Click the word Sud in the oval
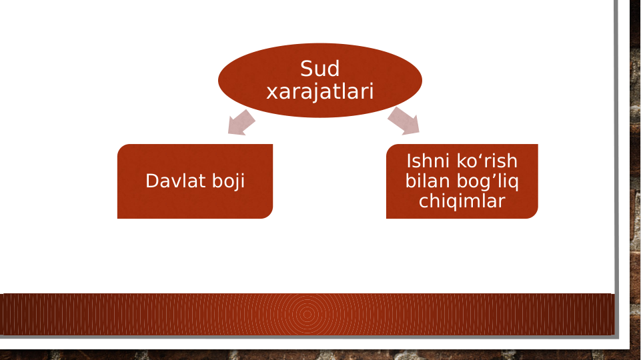tap(319, 69)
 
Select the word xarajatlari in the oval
tap(319, 91)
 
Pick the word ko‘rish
tap(487, 161)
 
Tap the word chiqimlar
tap(462, 201)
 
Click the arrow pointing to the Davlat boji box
tap(241, 123)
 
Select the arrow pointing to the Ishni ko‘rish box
tap(404, 121)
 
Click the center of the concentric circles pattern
tap(306, 314)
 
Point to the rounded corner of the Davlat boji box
tap(267, 213)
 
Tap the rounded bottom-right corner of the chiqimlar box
tap(532, 213)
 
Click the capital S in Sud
tap(307, 69)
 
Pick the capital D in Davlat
tap(151, 181)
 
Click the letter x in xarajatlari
tap(271, 92)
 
